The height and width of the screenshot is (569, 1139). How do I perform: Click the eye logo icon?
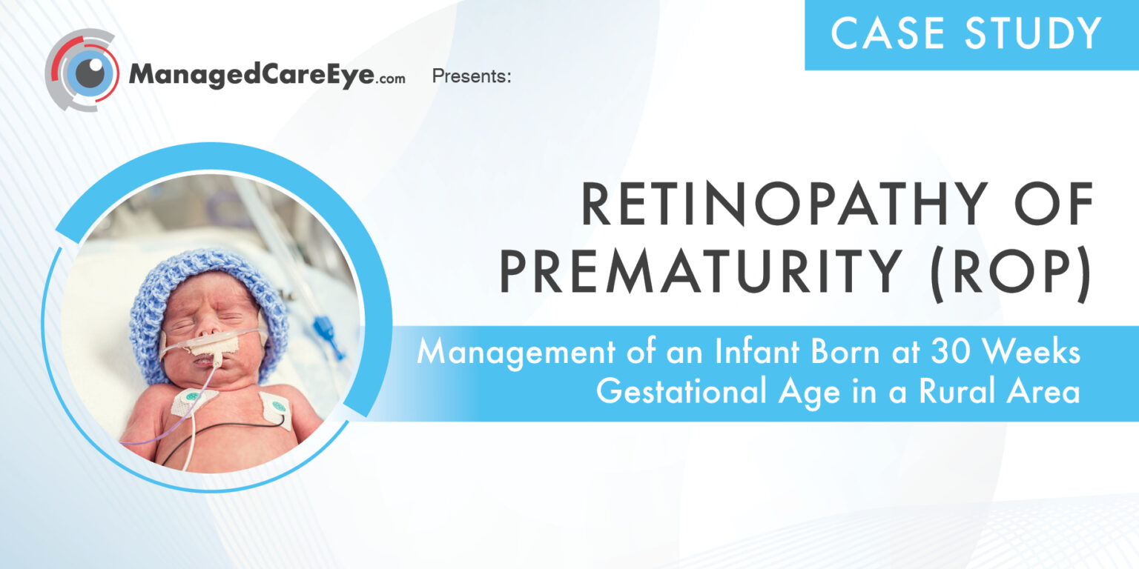tap(82, 72)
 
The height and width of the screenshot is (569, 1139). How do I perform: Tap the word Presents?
tap(472, 76)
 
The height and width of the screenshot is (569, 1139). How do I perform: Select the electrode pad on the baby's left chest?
tap(276, 407)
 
